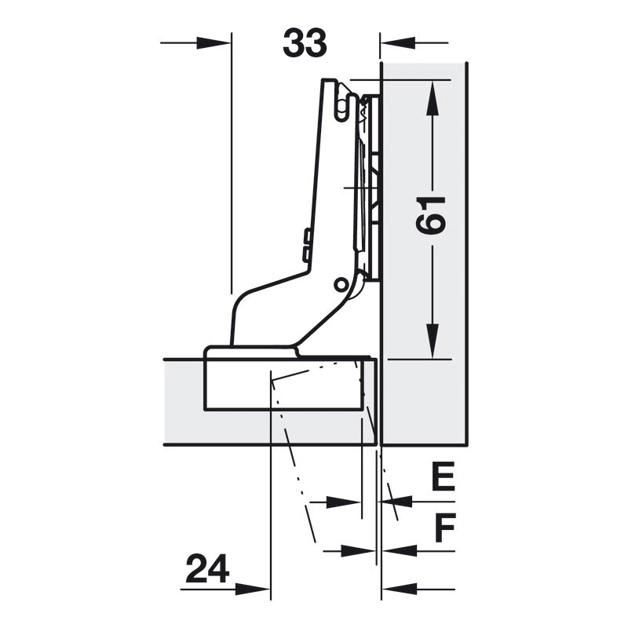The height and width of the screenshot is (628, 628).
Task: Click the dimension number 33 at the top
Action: (305, 43)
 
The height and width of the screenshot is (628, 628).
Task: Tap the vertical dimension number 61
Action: (431, 215)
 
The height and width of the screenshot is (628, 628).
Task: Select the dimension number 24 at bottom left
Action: (207, 568)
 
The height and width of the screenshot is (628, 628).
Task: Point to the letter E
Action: (443, 476)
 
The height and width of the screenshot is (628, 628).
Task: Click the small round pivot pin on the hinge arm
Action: (341, 284)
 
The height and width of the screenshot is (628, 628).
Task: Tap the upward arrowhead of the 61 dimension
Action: (432, 97)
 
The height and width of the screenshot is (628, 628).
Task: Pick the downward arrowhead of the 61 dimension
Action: (432, 341)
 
